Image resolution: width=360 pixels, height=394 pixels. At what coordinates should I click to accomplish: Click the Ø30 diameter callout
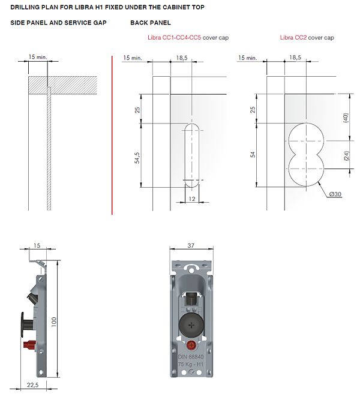pyautogui.click(x=335, y=194)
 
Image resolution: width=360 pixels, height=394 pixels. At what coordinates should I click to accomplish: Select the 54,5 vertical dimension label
pyautogui.click(x=137, y=158)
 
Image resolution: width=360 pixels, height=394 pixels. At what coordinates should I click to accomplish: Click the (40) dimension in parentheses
pyautogui.click(x=346, y=118)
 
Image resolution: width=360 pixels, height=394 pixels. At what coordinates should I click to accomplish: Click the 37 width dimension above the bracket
pyautogui.click(x=191, y=246)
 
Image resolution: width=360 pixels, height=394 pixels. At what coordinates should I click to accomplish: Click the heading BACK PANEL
pyautogui.click(x=150, y=23)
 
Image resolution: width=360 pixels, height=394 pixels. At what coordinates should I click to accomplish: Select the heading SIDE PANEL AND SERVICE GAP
pyautogui.click(x=58, y=23)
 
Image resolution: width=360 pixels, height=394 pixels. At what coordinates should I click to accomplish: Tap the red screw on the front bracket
pyautogui.click(x=192, y=345)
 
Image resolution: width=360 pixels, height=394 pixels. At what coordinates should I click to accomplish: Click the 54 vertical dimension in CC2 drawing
pyautogui.click(x=253, y=155)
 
